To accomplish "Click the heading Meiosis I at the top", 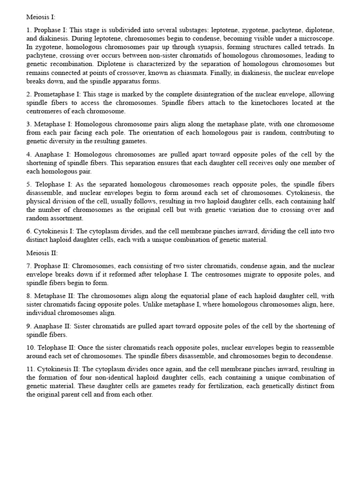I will pos(41,17).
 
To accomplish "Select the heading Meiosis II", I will pos(42,253).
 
